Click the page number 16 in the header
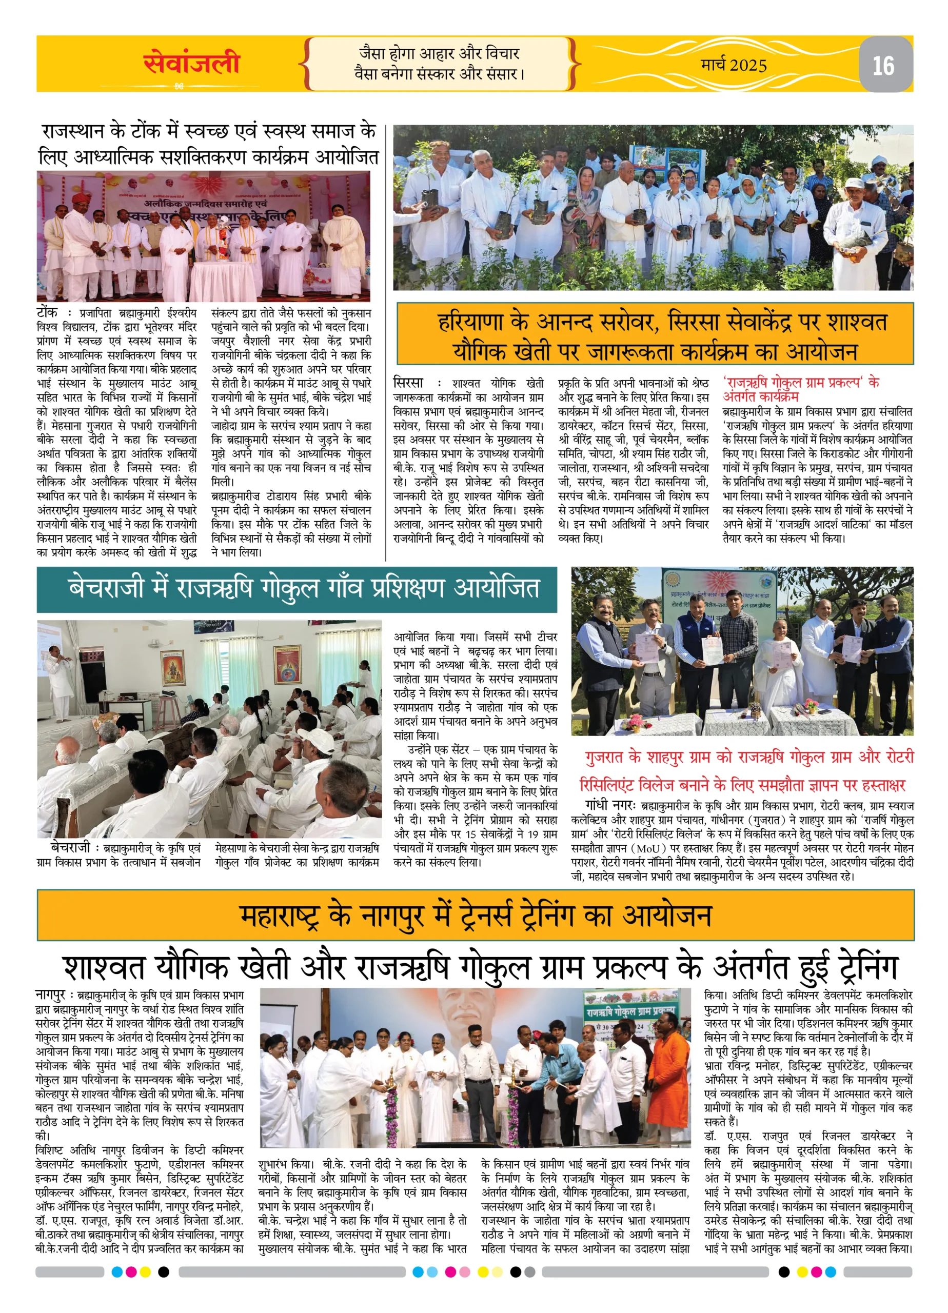click(x=883, y=66)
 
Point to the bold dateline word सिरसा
click(x=408, y=383)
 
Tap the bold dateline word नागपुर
click(x=50, y=995)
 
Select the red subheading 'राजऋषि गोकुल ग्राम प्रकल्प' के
click(x=801, y=383)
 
